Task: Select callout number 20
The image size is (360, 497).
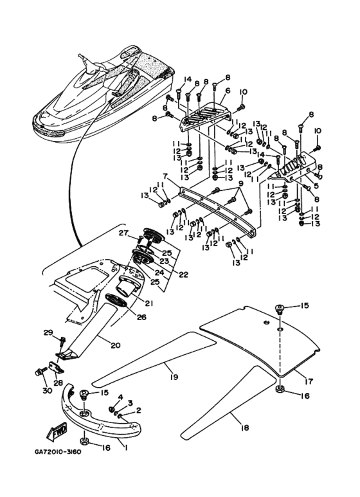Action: (116, 345)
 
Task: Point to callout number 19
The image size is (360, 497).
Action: (174, 377)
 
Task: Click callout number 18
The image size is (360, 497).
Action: (244, 428)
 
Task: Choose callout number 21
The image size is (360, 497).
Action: (149, 303)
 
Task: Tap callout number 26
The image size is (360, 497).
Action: (142, 316)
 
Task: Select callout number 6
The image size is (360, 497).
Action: (228, 91)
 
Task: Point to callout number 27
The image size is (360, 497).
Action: (124, 233)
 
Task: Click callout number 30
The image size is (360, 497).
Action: (47, 391)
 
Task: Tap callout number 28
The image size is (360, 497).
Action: (57, 384)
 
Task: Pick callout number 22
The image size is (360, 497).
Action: (183, 275)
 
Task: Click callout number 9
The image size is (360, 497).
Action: (240, 183)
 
